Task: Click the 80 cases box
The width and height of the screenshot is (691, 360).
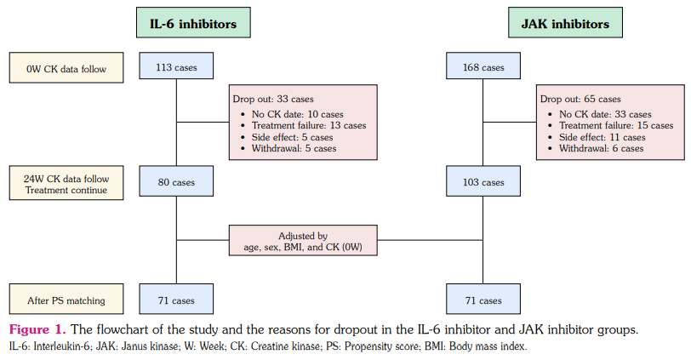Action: pos(176,182)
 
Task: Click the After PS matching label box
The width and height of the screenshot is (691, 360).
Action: pos(66,300)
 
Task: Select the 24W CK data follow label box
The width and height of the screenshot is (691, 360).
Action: pos(66,184)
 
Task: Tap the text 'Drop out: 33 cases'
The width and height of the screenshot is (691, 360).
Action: pos(271,98)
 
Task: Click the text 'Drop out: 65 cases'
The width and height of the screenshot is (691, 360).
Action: pos(580,99)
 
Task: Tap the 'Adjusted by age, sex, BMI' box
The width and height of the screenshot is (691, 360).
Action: pos(302,241)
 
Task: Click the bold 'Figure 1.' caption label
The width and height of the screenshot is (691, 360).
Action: pos(37,329)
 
